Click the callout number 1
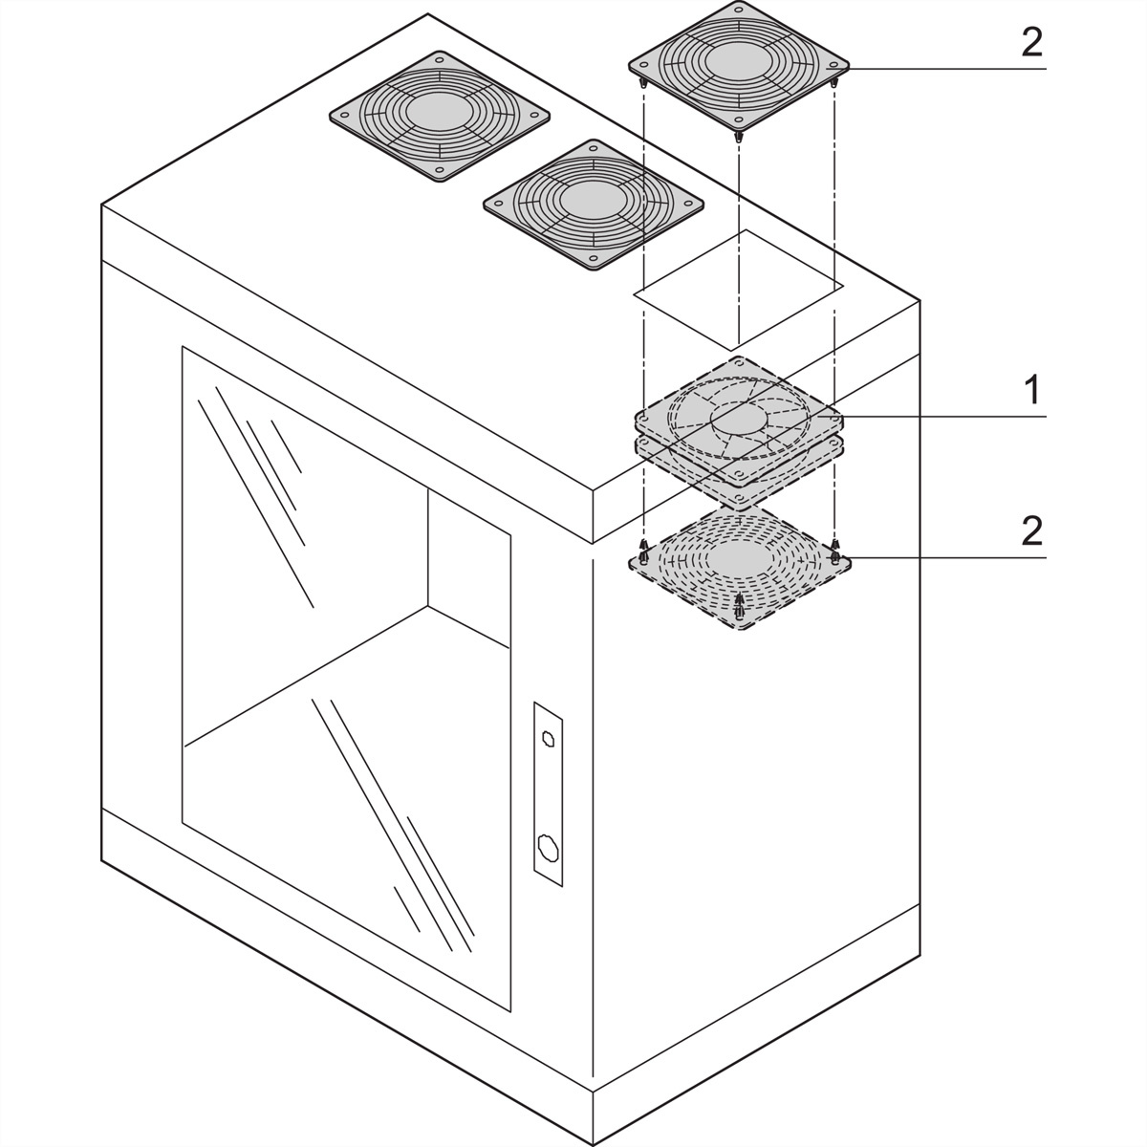coord(1032,388)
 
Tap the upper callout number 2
coord(1032,42)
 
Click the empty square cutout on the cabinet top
coord(738,290)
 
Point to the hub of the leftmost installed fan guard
coord(440,113)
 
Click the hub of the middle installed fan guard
coord(594,203)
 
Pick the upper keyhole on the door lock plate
coord(547,738)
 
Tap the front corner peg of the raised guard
coord(739,137)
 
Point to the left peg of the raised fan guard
coord(643,83)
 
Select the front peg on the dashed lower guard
coord(739,605)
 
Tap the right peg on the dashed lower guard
coord(834,551)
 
